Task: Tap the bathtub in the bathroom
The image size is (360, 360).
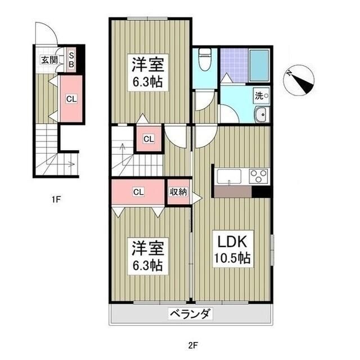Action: coord(259,66)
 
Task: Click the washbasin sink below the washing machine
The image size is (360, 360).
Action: coord(262,114)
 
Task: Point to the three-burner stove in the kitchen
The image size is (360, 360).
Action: coord(259,176)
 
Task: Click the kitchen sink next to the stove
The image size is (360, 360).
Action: coord(229,176)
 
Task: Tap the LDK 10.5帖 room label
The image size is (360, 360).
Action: coord(232,249)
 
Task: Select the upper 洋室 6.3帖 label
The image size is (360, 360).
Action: coord(148,73)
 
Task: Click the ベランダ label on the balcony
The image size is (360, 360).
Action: coord(190,314)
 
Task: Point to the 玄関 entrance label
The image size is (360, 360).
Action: coord(49,60)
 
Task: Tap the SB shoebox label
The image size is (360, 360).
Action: coord(71,60)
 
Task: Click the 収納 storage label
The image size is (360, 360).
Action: coord(178,192)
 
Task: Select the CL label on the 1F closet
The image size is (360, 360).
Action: coord(71,99)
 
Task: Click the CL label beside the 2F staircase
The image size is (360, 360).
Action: coord(148,139)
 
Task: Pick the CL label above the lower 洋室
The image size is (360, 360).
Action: coord(138,192)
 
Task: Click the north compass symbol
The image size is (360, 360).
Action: coord(299,80)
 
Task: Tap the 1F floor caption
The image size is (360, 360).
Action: coord(56,199)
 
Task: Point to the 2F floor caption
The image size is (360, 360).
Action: coord(193,345)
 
